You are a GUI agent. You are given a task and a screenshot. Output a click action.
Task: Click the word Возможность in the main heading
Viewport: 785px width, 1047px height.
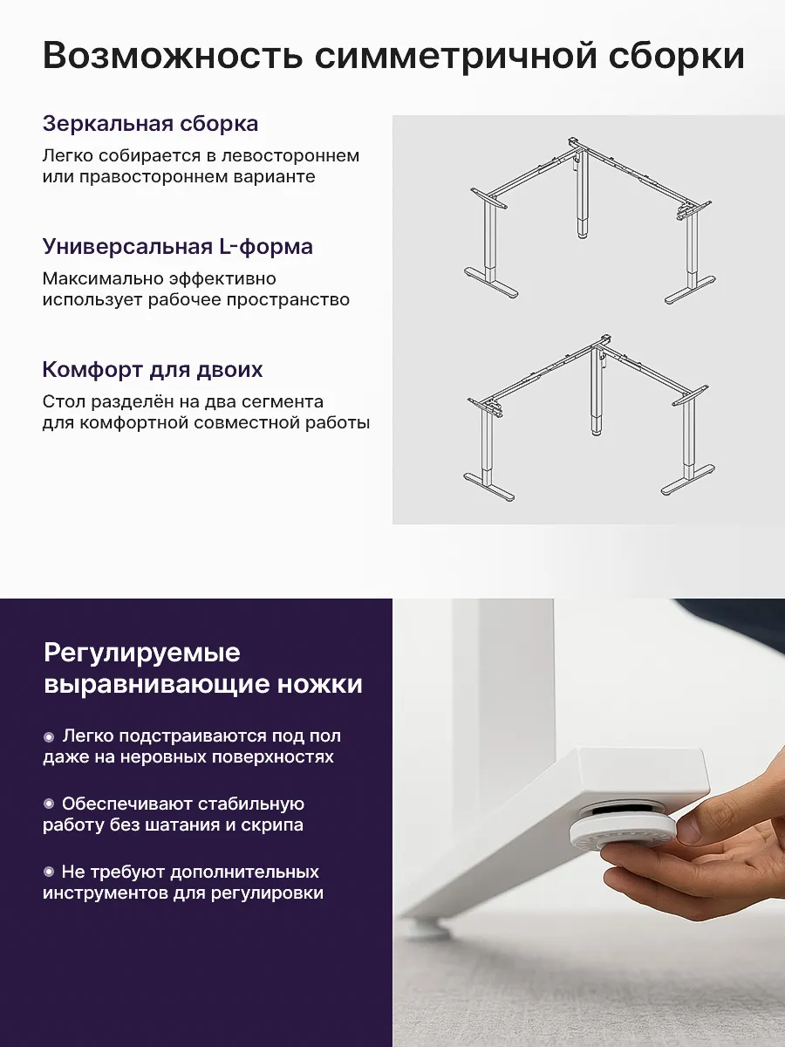(x=173, y=56)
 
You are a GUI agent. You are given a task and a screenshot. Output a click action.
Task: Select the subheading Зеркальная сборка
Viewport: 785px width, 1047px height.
(x=151, y=124)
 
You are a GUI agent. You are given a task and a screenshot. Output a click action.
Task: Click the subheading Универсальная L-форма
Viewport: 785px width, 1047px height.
(x=178, y=247)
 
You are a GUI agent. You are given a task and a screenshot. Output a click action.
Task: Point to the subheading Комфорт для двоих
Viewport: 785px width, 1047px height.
(x=153, y=370)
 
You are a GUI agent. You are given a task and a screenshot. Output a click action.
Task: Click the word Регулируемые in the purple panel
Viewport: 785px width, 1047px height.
(x=142, y=654)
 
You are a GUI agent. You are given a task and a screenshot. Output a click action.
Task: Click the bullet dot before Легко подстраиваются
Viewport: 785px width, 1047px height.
(x=49, y=737)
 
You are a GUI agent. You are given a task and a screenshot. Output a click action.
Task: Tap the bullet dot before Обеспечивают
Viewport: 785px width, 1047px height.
(x=49, y=804)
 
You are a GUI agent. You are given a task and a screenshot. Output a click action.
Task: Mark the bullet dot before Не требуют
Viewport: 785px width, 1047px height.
(x=49, y=872)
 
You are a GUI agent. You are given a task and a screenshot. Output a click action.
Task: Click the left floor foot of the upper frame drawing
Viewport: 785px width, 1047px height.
(x=491, y=284)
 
